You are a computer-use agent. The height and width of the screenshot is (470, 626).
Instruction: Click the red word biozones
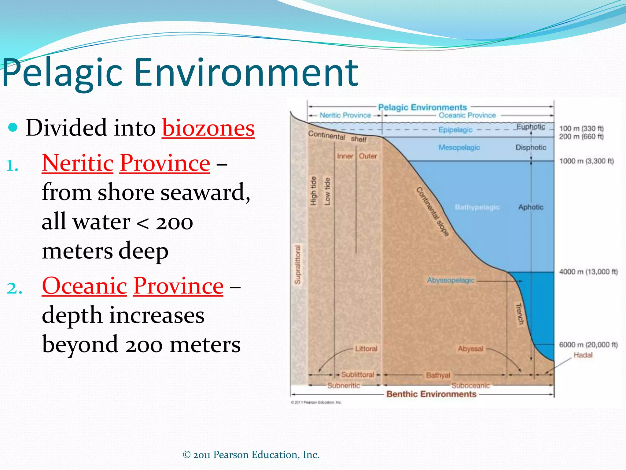click(208, 128)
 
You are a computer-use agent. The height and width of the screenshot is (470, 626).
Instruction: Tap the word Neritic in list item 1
click(78, 163)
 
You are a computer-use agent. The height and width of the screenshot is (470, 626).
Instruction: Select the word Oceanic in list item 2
click(84, 286)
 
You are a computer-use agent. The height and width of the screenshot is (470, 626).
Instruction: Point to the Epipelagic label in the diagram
click(455, 130)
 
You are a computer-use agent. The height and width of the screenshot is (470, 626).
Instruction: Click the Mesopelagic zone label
click(459, 147)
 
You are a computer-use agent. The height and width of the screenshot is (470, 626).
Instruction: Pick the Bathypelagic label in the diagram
click(477, 207)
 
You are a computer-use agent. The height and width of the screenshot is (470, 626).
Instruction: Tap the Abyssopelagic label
click(451, 280)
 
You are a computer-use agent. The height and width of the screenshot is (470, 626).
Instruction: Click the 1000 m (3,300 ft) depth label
click(586, 161)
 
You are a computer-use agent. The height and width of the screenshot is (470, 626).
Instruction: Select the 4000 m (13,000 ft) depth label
click(588, 272)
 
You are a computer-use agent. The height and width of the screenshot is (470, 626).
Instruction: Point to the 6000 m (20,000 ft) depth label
click(588, 345)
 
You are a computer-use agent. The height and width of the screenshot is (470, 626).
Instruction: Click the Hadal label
click(583, 355)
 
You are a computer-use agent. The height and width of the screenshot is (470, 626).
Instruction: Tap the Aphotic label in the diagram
click(531, 207)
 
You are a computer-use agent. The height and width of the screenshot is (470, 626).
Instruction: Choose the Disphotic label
click(531, 147)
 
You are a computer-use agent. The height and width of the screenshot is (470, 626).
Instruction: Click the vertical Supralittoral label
click(297, 265)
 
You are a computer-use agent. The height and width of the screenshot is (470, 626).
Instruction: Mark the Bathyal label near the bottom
click(438, 375)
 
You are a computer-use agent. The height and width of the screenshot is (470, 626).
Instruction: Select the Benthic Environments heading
click(431, 394)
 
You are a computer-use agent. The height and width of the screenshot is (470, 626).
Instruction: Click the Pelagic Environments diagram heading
click(422, 107)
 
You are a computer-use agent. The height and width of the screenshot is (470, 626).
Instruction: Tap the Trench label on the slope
click(519, 314)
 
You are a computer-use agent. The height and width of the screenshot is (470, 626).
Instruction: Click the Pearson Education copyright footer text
click(251, 455)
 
